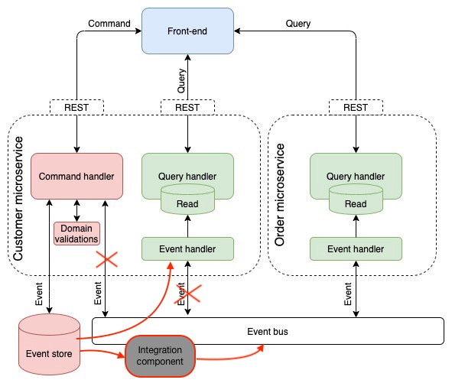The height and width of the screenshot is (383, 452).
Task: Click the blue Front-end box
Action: coord(187,31)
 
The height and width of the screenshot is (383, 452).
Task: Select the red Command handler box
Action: coord(76,177)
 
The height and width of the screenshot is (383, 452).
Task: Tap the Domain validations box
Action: coord(76,233)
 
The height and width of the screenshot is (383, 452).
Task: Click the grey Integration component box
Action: coord(160,355)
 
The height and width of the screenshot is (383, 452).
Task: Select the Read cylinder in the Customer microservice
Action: coord(187,204)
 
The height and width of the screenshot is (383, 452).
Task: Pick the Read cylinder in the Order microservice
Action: coord(356,204)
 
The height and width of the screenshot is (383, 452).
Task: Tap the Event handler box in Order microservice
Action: coord(356,248)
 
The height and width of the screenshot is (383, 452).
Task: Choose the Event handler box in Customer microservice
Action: coord(187,248)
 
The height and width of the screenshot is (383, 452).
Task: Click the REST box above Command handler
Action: coord(76,108)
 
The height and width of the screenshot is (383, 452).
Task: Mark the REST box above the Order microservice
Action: coord(356,108)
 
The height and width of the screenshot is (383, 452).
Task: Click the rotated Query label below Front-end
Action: coord(181,83)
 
